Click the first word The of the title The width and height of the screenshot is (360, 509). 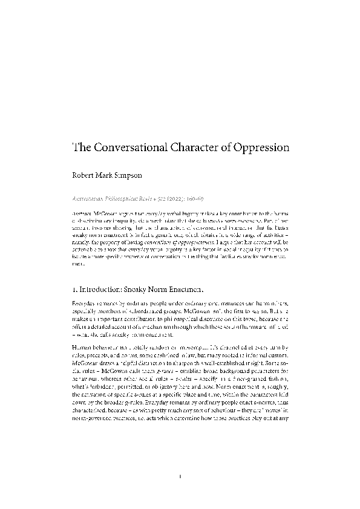[81, 148]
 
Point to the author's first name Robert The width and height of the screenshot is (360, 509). [84, 180]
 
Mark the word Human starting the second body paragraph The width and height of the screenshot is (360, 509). [82, 348]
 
